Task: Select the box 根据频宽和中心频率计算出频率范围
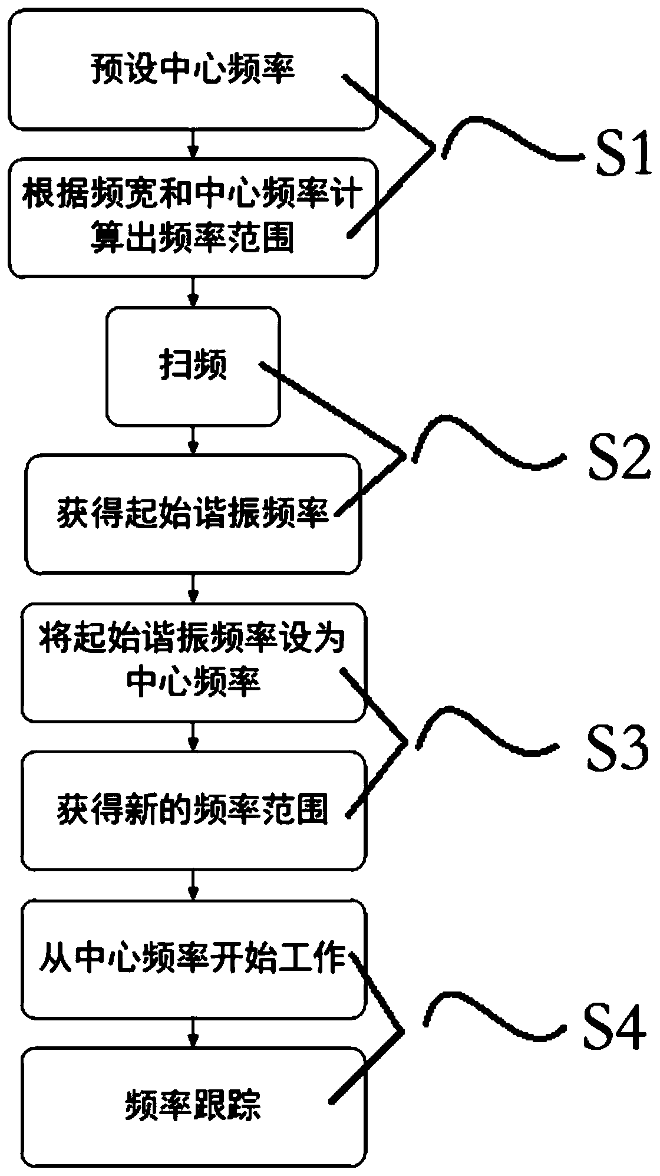pyautogui.click(x=193, y=217)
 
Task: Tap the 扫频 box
pyautogui.click(x=193, y=366)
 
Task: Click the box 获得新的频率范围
pyautogui.click(x=193, y=810)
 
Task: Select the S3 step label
pyautogui.click(x=616, y=747)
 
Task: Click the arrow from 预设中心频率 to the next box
pyautogui.click(x=193, y=143)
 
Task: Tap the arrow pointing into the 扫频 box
pyautogui.click(x=193, y=292)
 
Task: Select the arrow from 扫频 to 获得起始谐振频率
pyautogui.click(x=193, y=440)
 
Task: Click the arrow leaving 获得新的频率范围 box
pyautogui.click(x=193, y=885)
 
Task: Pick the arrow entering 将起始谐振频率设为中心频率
pyautogui.click(x=193, y=588)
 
